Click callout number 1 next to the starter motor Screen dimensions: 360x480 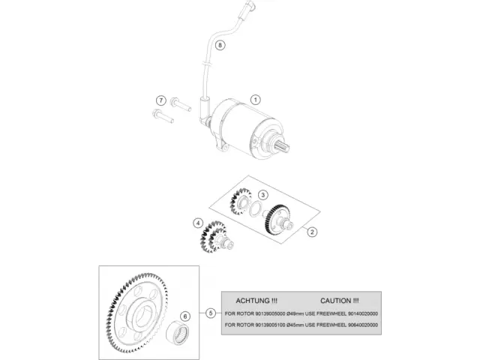255,99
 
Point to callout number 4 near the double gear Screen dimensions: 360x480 198,223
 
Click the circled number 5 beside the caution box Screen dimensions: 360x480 211,312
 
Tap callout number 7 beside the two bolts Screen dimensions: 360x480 160,100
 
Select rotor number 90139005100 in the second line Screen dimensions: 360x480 265,325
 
